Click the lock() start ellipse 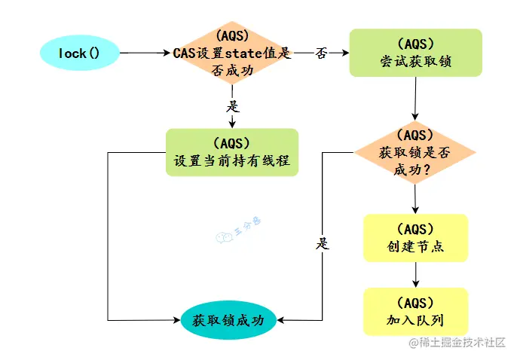79,53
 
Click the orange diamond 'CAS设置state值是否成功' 231,53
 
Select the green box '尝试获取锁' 415,53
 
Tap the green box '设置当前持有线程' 231,152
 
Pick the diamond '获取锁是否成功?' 415,153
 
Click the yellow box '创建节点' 415,238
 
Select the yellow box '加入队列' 415,311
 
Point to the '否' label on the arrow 321,53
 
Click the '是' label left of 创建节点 323,243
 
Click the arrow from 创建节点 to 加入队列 415,274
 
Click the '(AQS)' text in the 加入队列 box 415,303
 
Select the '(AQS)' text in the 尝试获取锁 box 415,44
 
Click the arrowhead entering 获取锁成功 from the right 280,319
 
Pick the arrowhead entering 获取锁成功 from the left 177,319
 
